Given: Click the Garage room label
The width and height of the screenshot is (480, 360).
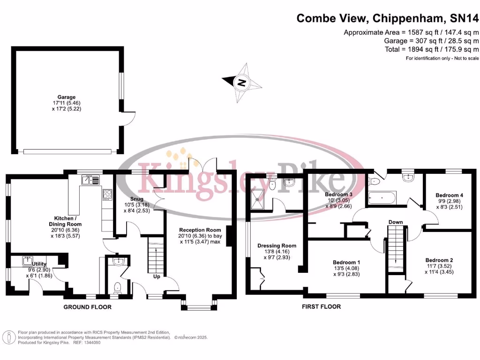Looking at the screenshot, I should (67, 97).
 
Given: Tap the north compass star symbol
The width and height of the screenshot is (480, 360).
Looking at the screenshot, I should (242, 83).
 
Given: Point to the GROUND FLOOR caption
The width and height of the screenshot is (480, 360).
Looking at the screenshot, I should (88, 307).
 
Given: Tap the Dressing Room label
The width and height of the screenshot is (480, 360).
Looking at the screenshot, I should (277, 246).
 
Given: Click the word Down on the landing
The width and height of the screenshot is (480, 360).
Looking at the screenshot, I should (396, 222).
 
